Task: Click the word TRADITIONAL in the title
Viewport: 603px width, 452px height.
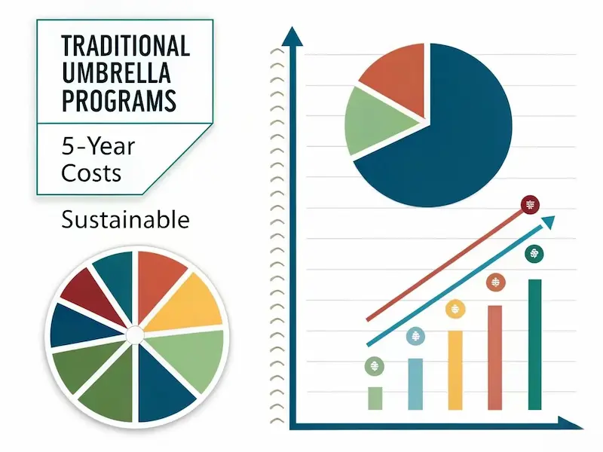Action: [x=125, y=46]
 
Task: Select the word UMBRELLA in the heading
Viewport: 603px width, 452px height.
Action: [x=116, y=73]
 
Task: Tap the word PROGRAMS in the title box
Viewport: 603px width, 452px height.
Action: [x=119, y=100]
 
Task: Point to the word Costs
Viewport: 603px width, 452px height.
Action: [x=91, y=173]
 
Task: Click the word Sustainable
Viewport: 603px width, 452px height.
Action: [x=125, y=220]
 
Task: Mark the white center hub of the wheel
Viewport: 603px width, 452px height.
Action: [x=135, y=334]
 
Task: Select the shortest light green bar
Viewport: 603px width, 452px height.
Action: [x=375, y=399]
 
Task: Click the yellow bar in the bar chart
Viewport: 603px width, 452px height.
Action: [x=455, y=370]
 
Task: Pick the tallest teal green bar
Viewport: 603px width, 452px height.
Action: [x=535, y=344]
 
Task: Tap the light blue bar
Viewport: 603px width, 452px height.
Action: [x=415, y=384]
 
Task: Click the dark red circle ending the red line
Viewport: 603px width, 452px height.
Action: [x=531, y=205]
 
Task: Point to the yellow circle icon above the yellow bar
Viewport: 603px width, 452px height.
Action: [x=455, y=309]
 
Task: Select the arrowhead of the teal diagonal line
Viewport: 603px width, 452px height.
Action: [x=549, y=221]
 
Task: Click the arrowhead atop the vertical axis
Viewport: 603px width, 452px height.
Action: [x=292, y=36]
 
